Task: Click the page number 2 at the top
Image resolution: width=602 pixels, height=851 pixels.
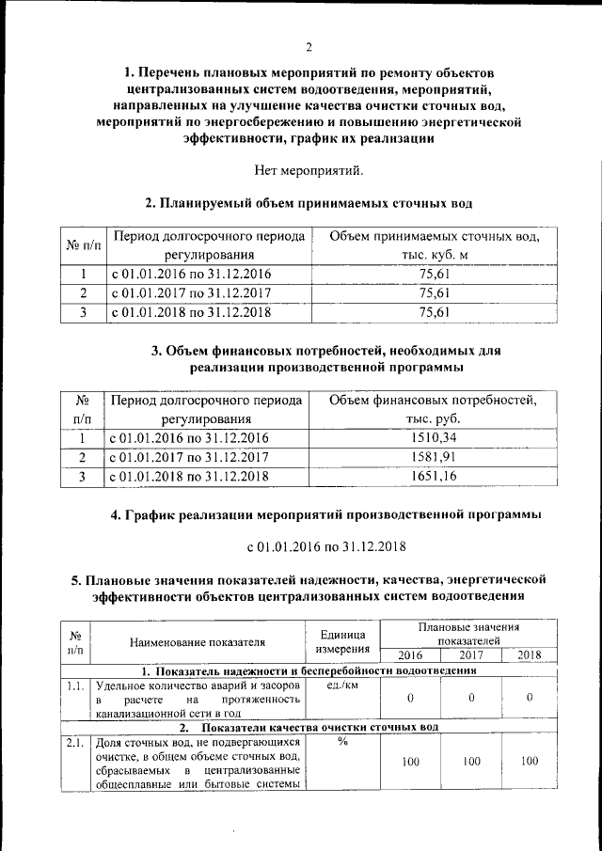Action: pos(308,49)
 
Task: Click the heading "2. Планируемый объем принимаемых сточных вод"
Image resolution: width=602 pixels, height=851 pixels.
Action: pos(308,202)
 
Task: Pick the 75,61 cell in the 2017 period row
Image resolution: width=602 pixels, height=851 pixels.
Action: pos(434,293)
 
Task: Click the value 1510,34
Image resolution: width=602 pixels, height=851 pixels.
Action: pos(434,438)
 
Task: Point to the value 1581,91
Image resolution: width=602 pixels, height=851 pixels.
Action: pos(434,458)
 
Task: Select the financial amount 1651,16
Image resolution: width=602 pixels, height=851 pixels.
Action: pos(434,478)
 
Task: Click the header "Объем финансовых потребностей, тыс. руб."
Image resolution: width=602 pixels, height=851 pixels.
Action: pos(434,409)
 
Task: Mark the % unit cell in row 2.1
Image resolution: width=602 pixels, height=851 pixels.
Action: pos(342,744)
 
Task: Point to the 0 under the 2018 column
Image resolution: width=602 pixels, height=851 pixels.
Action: pos(530,698)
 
